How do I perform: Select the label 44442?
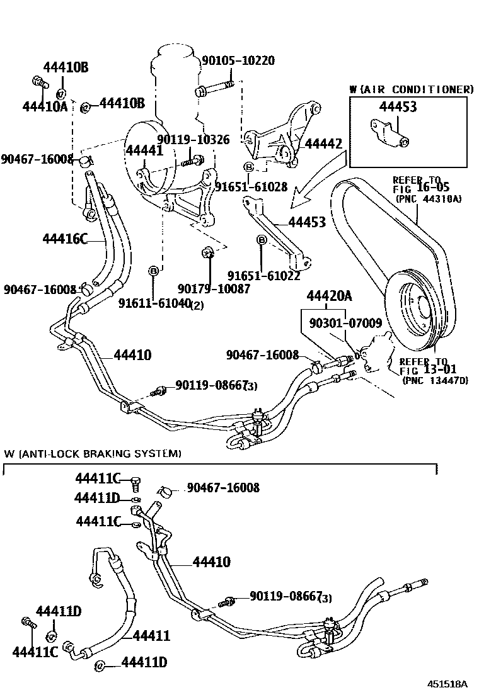point(323,144)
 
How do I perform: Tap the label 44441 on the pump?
point(144,150)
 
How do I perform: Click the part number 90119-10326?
point(193,140)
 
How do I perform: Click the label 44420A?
point(329,296)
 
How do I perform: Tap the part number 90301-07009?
point(345,324)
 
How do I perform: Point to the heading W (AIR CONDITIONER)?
point(411,89)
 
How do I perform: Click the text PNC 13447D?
point(435,380)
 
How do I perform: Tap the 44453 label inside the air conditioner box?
point(398,107)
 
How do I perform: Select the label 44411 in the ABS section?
point(152,636)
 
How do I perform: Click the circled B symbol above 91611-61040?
point(153,271)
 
